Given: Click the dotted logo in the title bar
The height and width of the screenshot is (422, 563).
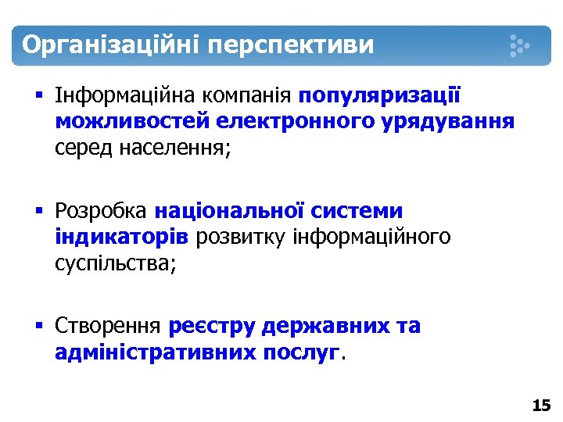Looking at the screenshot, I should (519, 45).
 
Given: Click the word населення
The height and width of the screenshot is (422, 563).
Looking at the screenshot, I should (173, 147).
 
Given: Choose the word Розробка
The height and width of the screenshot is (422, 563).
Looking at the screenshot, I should (100, 211).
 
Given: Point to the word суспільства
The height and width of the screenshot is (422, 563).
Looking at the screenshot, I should (115, 263).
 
